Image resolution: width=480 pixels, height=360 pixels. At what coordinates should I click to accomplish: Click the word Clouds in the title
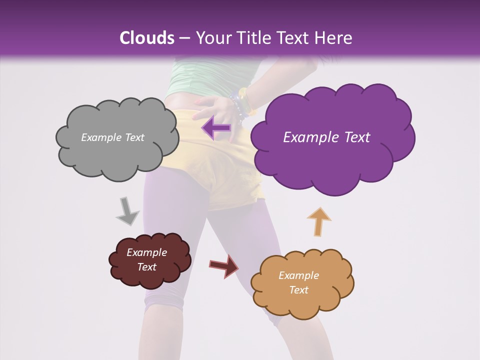tap(147, 38)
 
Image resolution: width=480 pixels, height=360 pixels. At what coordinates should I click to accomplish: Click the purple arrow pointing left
tap(216, 128)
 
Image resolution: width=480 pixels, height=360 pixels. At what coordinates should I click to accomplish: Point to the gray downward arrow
tap(127, 211)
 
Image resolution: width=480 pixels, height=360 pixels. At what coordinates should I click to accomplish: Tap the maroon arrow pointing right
tap(224, 265)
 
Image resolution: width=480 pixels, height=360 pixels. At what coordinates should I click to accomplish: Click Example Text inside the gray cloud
tap(112, 137)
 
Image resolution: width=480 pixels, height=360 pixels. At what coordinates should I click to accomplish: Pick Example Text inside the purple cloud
tap(326, 137)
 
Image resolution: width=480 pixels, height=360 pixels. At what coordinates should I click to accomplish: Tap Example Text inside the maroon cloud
tap(146, 259)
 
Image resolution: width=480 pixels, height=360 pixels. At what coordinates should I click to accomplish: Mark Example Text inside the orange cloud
tap(298, 282)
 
